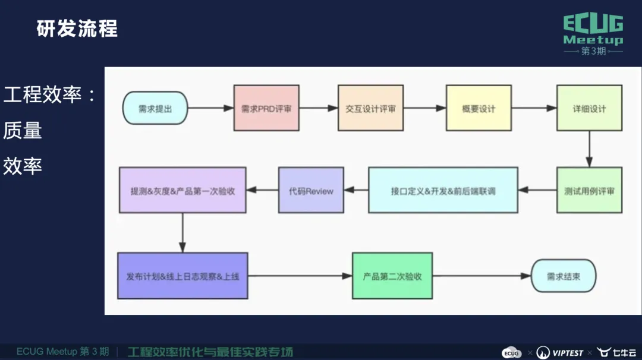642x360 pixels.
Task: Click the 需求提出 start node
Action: tap(155, 109)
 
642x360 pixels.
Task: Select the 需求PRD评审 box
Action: tap(266, 109)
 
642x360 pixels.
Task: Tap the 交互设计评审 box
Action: tap(370, 109)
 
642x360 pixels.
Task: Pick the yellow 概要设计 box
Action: tap(479, 109)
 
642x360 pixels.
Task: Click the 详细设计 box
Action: tap(589, 109)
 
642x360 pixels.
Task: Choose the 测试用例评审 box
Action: tap(589, 191)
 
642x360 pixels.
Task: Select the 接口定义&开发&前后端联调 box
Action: tap(443, 191)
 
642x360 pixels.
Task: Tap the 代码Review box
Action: tap(311, 191)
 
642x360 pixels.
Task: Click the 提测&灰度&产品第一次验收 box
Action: tap(182, 191)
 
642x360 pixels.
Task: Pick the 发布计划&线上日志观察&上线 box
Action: tap(182, 276)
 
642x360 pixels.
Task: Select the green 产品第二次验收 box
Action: tap(392, 276)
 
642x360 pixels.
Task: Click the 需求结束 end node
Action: tap(564, 276)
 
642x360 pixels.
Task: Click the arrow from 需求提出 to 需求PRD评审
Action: tap(211, 109)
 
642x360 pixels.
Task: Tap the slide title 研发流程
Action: tap(77, 28)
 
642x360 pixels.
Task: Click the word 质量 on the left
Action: tap(23, 130)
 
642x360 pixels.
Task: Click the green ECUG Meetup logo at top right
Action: tap(593, 34)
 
